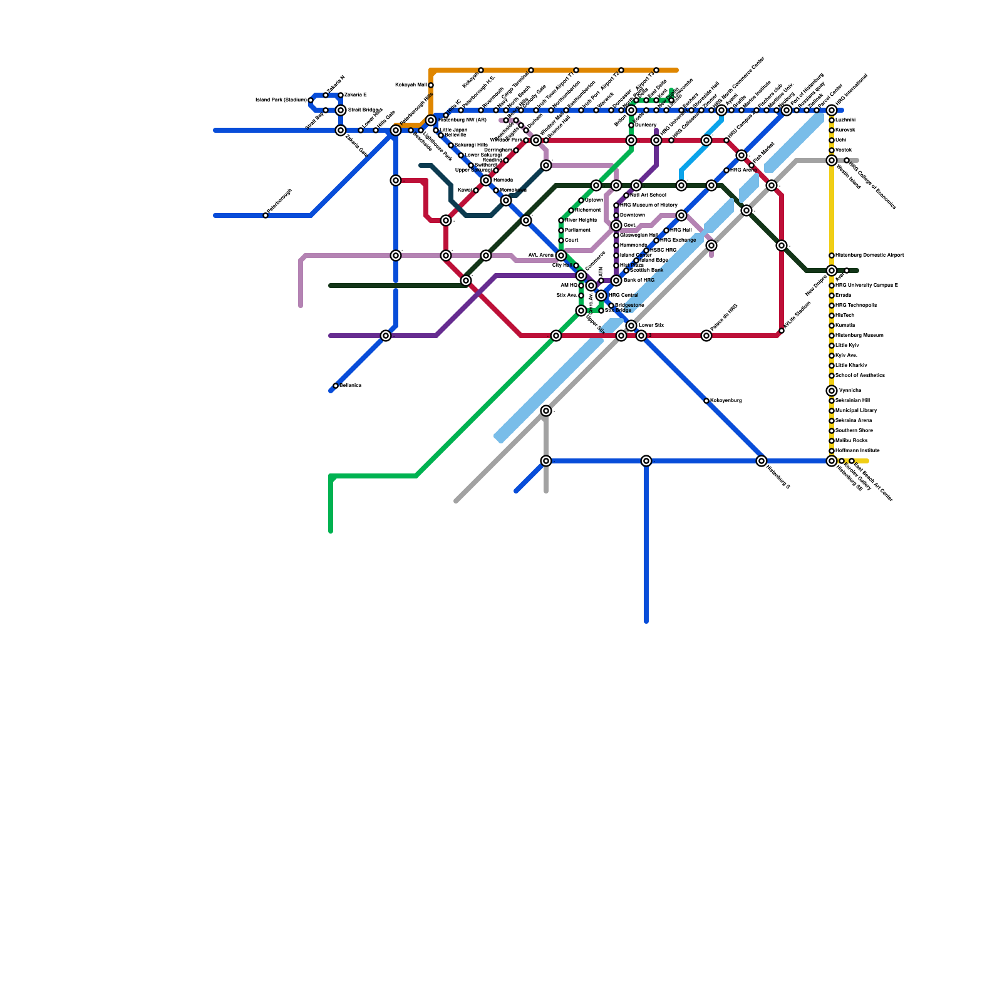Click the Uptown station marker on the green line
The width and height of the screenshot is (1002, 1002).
(581, 200)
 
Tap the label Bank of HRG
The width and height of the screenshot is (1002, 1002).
(638, 281)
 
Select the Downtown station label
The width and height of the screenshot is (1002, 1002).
(632, 215)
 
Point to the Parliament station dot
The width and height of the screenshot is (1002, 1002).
(561, 230)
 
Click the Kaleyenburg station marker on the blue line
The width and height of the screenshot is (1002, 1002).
(706, 401)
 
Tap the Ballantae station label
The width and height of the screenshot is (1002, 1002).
(350, 386)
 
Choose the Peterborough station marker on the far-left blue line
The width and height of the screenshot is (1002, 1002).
(266, 215)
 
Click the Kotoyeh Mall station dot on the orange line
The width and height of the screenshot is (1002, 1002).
(431, 85)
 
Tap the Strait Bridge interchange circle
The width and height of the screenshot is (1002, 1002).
(341, 110)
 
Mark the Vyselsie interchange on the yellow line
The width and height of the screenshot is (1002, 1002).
(832, 391)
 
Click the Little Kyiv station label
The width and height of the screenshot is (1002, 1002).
(847, 346)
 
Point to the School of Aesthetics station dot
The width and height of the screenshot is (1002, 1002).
(832, 376)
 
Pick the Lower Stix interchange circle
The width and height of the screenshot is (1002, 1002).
(631, 326)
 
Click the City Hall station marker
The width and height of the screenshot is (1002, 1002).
(576, 266)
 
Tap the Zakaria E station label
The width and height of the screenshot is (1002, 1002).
(355, 95)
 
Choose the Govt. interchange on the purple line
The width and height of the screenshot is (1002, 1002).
(616, 225)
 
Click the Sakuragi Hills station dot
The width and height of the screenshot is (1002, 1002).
(451, 145)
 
